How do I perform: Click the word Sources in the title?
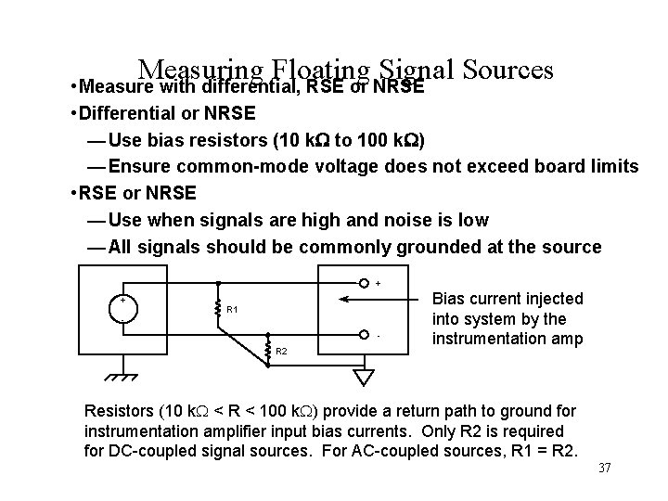(506, 71)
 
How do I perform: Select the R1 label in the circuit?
(233, 308)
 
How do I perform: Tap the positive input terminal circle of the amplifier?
(366, 283)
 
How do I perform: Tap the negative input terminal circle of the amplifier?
(366, 334)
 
